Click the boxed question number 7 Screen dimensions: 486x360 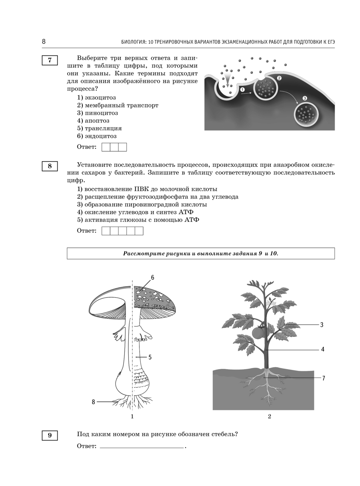[x=50, y=60]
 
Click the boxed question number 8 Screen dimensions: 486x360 [x=50, y=166]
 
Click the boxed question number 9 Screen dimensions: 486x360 [x=50, y=435]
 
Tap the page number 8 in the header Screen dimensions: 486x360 [x=44, y=41]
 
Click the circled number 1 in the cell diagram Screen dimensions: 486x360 [x=242, y=89]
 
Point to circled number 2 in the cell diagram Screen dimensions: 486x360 [x=279, y=78]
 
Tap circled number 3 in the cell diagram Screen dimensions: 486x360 [x=305, y=98]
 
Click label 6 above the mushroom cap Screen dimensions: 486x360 [x=153, y=277]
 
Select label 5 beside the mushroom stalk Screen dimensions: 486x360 [x=150, y=357]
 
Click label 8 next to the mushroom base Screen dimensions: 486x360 [x=93, y=402]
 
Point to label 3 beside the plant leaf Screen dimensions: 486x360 [x=322, y=325]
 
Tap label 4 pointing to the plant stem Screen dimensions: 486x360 [x=323, y=349]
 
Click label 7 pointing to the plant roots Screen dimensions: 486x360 [x=324, y=378]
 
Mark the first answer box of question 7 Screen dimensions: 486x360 [x=106, y=147]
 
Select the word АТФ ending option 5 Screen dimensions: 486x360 [x=192, y=220]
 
